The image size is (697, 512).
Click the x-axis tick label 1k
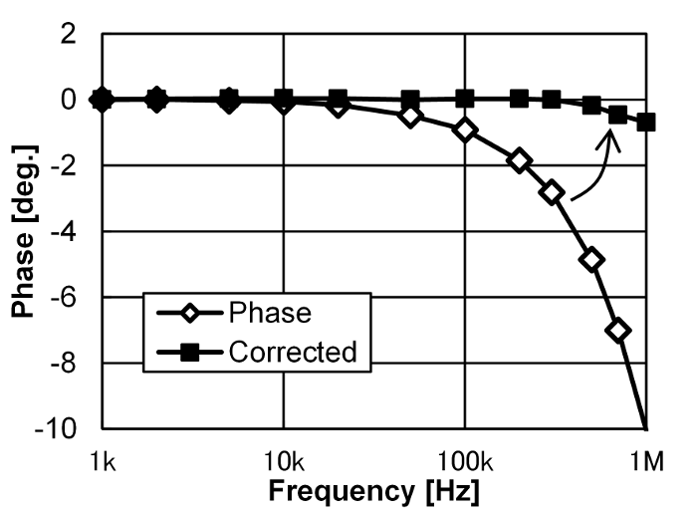tap(102, 460)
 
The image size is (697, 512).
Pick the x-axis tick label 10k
tap(283, 460)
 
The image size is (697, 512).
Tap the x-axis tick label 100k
tap(464, 460)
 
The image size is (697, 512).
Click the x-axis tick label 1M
tap(647, 460)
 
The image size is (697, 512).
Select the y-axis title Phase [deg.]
tap(23, 231)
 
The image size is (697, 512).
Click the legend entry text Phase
tap(270, 313)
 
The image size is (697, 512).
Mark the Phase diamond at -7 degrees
tap(619, 331)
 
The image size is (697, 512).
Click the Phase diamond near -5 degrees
tap(592, 260)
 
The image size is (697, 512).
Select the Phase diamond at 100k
tap(465, 129)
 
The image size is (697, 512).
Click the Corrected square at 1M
tap(646, 123)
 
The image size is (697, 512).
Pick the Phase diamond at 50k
tap(410, 116)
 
